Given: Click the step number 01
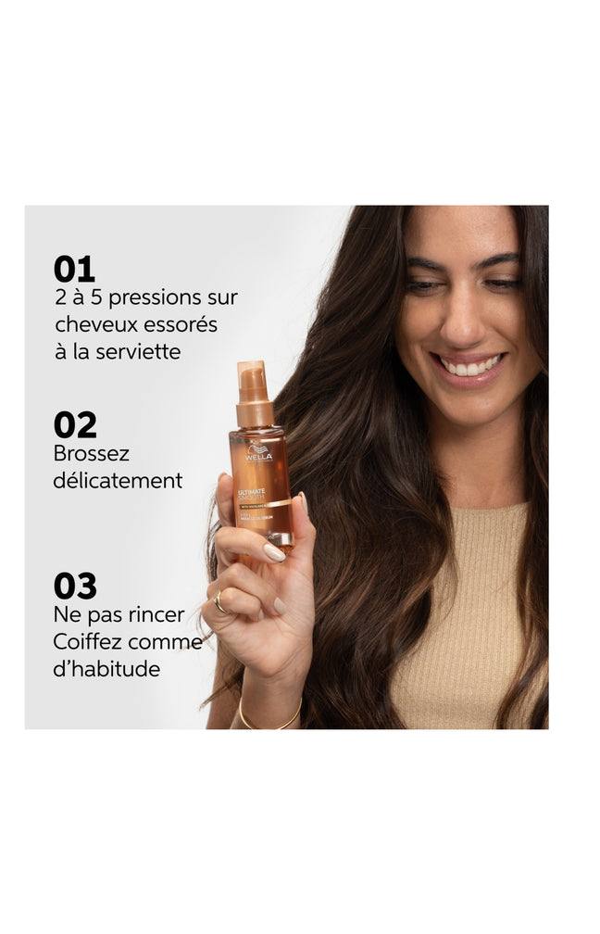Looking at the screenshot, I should [x=74, y=269].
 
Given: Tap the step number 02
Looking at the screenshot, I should [x=75, y=424].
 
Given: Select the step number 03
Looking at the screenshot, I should [x=75, y=586].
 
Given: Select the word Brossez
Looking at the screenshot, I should [x=92, y=454].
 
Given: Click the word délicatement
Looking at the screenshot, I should [x=118, y=481].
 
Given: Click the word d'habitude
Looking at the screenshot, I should [x=106, y=668].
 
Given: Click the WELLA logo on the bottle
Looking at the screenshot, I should [x=259, y=455].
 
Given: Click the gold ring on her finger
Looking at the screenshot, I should [x=219, y=602].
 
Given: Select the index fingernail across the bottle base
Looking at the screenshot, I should [x=274, y=552].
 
